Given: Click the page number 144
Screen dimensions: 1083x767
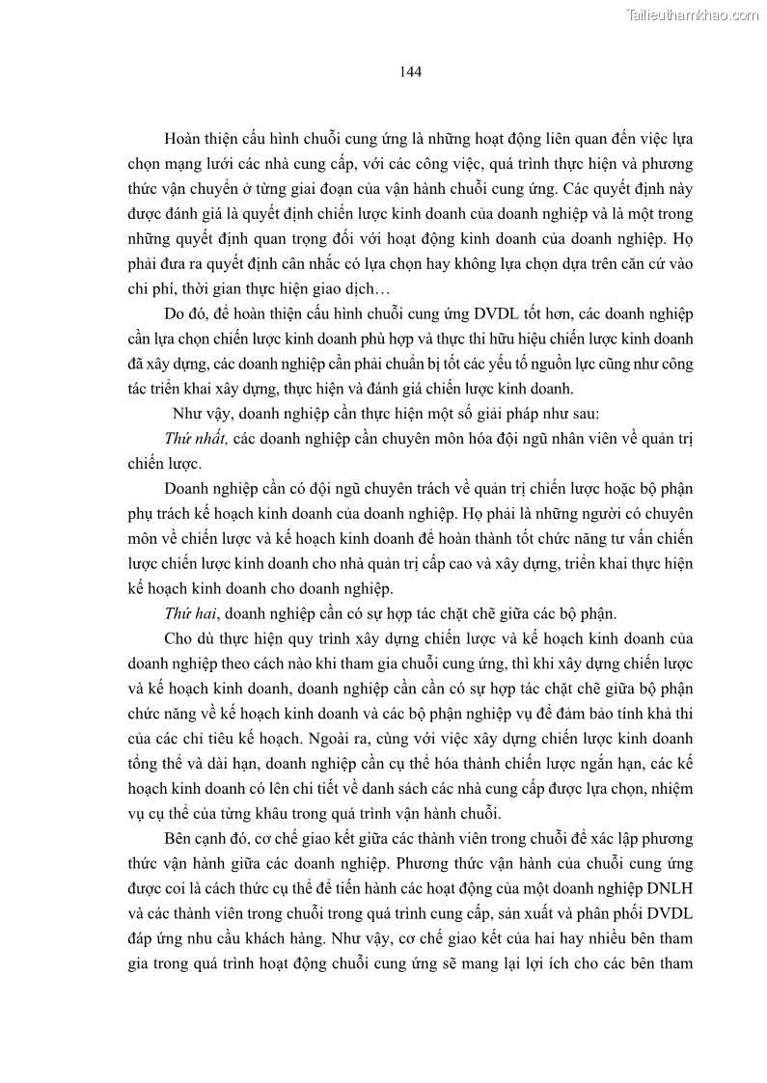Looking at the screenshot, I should click(x=409, y=71).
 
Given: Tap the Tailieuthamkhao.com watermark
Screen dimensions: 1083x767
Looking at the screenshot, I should click(x=693, y=14).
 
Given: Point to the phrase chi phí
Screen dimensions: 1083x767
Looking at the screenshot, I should click(x=149, y=288).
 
